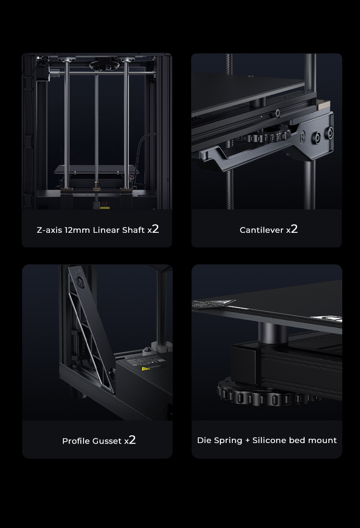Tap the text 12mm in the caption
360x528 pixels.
[x=78, y=230]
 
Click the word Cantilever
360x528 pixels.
[x=262, y=230]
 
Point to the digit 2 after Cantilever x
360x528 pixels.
[x=294, y=229]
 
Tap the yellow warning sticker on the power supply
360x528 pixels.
[x=144, y=369]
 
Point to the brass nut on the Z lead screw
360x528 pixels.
[x=97, y=184]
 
